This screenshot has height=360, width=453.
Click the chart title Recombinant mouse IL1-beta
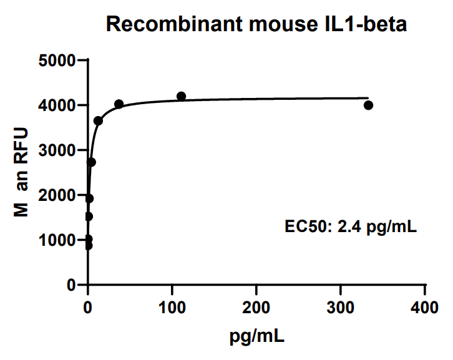[x=256, y=24]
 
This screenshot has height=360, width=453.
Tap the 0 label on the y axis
[x=71, y=285]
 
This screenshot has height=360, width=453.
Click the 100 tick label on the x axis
[x=172, y=308]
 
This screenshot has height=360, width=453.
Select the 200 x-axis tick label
[x=256, y=308]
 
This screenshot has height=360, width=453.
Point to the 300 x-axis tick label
[x=341, y=308]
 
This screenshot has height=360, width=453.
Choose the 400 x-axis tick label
[x=425, y=308]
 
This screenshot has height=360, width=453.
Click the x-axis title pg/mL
[x=256, y=338]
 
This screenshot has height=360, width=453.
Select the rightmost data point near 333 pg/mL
[x=368, y=105]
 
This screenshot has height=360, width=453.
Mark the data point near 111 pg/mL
[x=182, y=96]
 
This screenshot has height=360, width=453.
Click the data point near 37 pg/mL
[x=119, y=104]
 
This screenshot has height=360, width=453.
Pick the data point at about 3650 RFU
[x=98, y=120]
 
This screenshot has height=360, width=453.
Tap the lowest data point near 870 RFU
[x=89, y=245]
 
